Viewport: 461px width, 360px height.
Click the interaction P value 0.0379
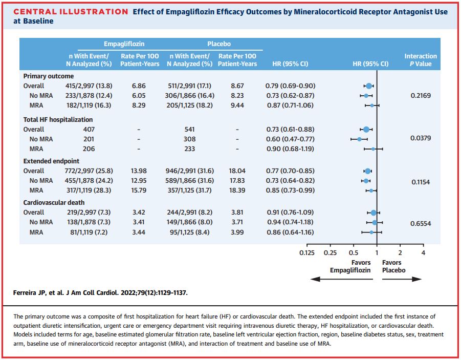[421, 139]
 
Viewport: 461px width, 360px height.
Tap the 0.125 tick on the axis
[307, 252]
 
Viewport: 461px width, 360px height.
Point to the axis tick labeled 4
[423, 252]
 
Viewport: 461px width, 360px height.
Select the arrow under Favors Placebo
[402, 279]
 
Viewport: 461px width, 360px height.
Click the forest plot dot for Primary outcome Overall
[369, 86]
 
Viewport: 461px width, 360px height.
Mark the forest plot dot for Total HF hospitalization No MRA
[360, 139]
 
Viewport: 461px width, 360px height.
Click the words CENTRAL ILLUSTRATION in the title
[71, 12]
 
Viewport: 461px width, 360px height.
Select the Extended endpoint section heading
[48, 161]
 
